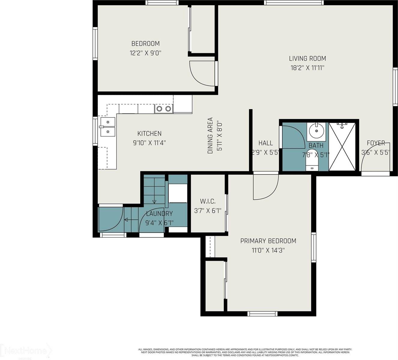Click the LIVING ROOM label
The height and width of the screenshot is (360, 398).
point(307,58)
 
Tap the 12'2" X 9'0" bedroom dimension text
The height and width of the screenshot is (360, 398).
point(146,53)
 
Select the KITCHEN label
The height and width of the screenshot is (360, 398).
point(149,133)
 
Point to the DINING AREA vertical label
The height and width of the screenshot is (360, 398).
point(210,136)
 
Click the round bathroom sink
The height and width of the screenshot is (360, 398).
point(316,130)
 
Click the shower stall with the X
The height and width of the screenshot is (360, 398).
point(342,146)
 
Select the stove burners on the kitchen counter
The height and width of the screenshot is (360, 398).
point(164,109)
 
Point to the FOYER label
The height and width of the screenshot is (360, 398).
point(375,143)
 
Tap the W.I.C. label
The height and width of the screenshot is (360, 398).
point(208,201)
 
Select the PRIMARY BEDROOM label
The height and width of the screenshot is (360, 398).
point(268,241)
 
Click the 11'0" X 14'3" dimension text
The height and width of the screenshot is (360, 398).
point(268,250)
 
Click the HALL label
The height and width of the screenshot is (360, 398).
point(266,143)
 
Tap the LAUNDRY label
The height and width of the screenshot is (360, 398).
point(159,214)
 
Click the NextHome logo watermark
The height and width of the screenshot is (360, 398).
point(26,351)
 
